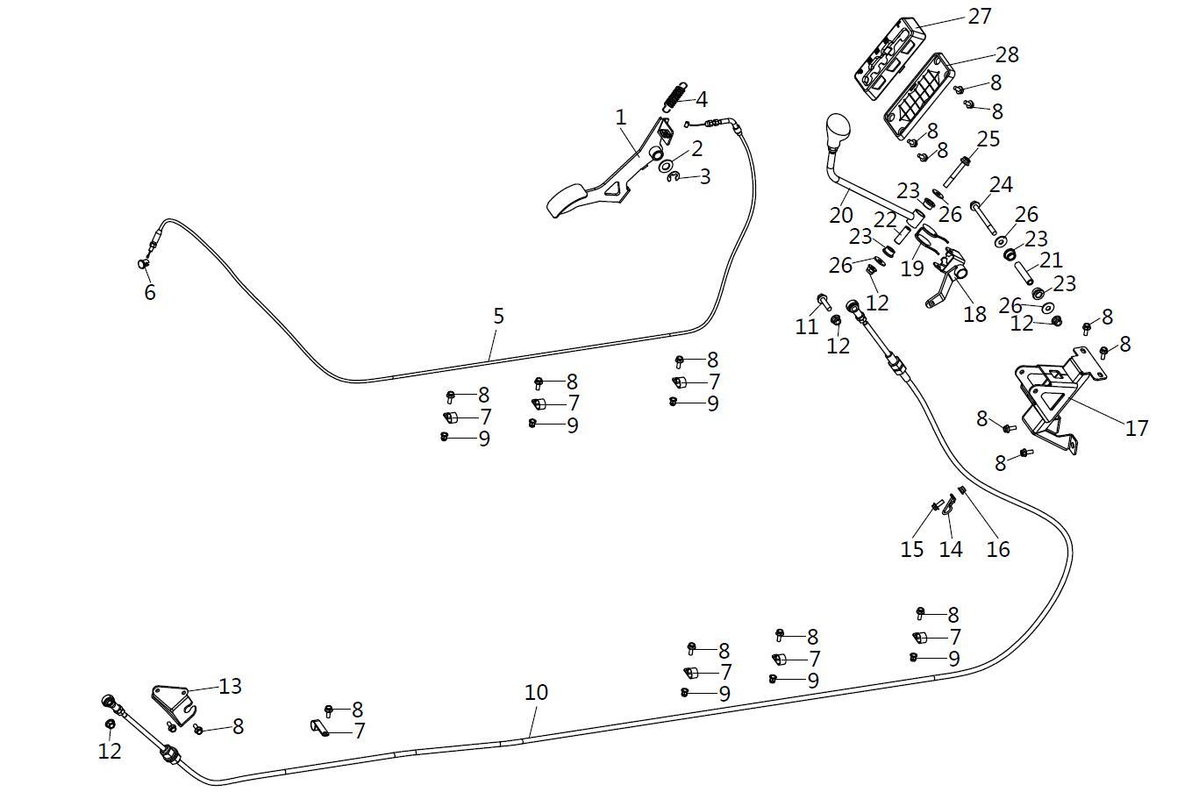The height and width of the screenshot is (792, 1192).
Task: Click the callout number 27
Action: point(979,16)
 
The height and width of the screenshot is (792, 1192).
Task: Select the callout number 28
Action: point(1007,54)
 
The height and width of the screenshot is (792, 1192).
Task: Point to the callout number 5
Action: point(498,316)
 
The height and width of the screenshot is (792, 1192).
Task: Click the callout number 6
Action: point(150,292)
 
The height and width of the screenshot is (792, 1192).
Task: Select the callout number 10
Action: point(536,692)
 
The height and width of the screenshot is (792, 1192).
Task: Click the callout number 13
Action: point(230,686)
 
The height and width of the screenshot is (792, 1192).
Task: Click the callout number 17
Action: point(1137,428)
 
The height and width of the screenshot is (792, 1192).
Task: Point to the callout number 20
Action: point(840,215)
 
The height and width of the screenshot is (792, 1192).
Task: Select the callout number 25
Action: point(989,139)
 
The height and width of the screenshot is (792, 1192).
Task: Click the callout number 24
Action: point(1001,185)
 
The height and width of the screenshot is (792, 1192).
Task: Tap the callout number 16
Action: point(998,549)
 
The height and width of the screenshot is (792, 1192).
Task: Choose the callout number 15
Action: point(912,549)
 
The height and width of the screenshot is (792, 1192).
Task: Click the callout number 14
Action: point(951,549)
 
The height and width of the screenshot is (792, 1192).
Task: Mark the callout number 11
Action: point(807,326)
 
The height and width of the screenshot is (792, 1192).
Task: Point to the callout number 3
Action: point(704,177)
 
